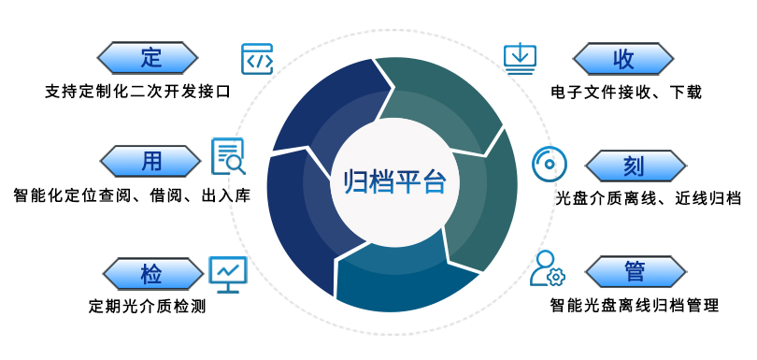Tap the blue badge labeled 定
tap(150, 58)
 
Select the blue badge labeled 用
tap(150, 161)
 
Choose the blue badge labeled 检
tap(150, 273)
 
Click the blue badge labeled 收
tap(623, 58)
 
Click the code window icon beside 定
tap(257, 58)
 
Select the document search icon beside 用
tap(228, 157)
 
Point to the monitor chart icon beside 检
tap(228, 271)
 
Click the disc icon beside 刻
tap(549, 164)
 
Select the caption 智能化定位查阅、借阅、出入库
tap(132, 196)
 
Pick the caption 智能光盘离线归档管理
tap(635, 305)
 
